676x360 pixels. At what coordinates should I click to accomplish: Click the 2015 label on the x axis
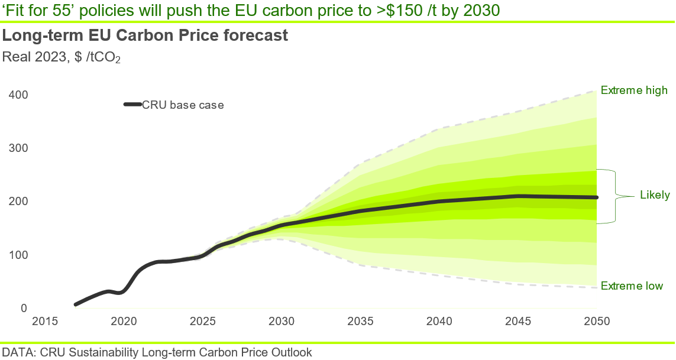pos(44,322)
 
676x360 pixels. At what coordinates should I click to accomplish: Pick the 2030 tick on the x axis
pos(281,322)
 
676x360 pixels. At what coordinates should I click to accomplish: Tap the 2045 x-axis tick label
pos(517,322)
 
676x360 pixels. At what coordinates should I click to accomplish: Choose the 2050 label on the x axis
pos(596,322)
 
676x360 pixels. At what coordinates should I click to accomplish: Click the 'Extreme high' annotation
pos(634,90)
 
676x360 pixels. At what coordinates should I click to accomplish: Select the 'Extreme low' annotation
pos(632,286)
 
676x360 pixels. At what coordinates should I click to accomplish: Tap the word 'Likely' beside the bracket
pos(655,195)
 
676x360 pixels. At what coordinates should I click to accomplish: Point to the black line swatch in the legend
pos(132,105)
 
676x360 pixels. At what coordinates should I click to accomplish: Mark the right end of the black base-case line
pos(596,197)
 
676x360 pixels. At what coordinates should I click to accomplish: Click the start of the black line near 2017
pos(76,304)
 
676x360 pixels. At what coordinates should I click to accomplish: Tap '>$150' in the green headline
pos(374,11)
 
